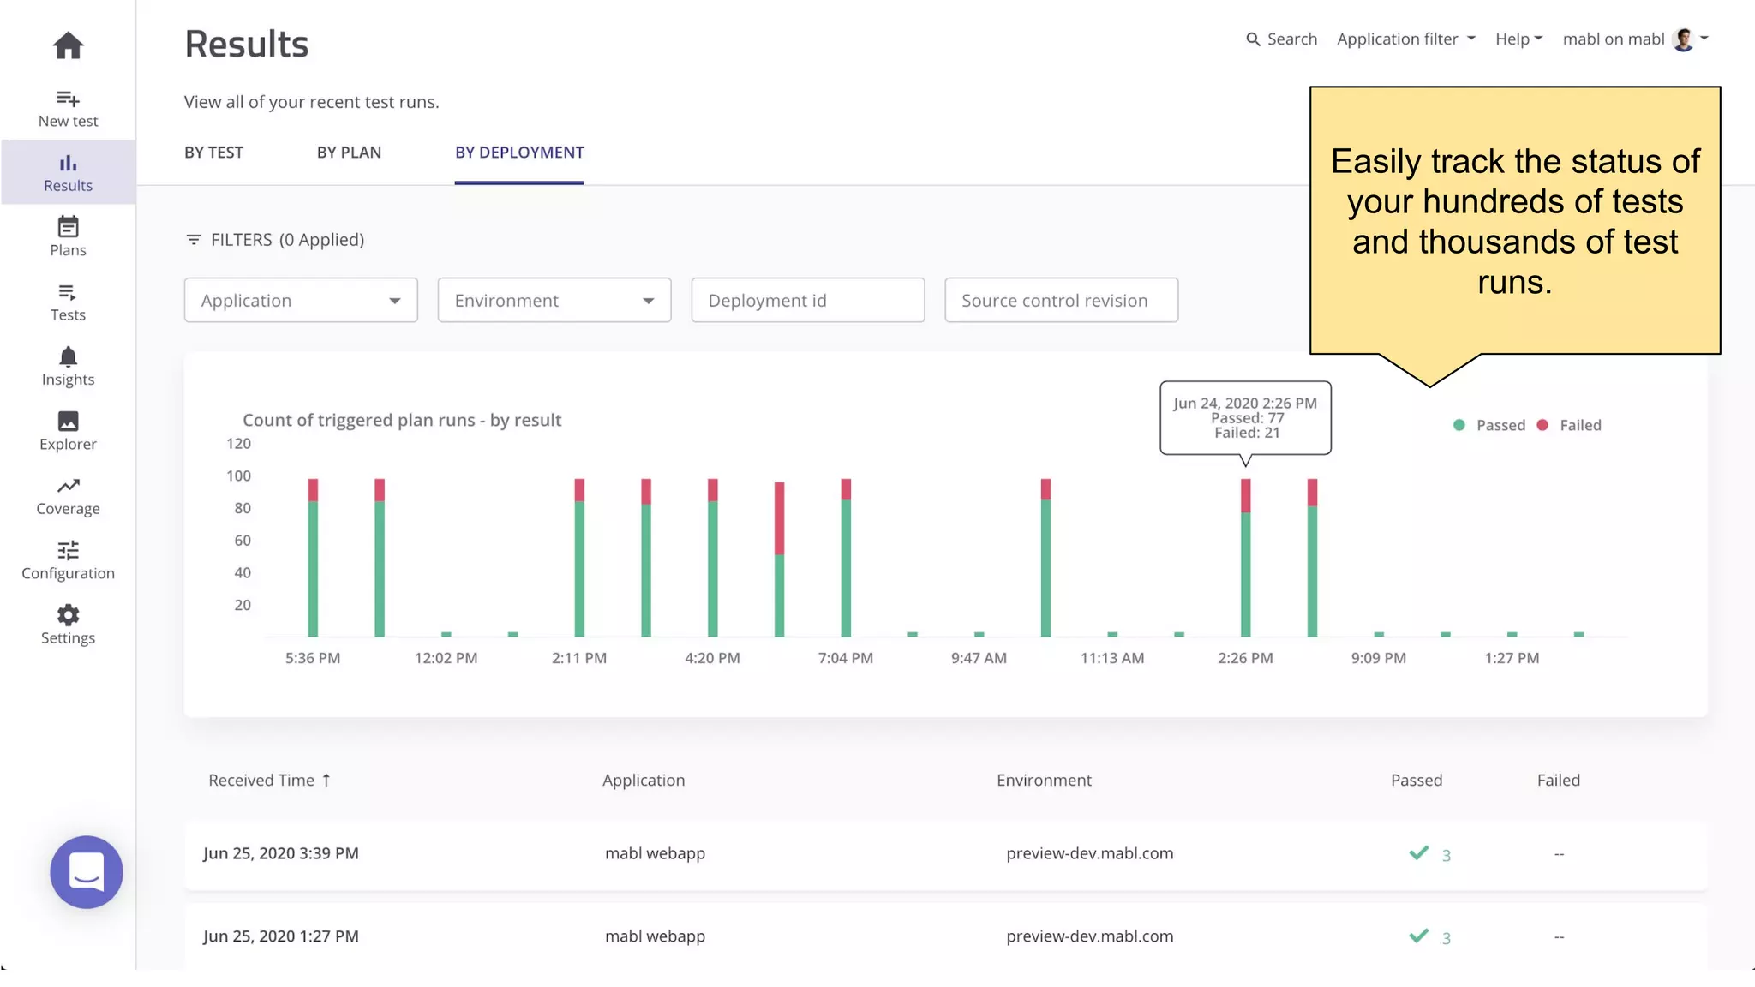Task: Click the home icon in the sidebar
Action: [x=68, y=45]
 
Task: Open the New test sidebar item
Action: [x=68, y=109]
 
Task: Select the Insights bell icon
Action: [x=68, y=357]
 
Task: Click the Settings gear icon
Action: [x=68, y=615]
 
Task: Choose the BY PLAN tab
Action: [x=349, y=153]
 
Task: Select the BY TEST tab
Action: [x=213, y=153]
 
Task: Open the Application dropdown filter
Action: [x=301, y=301]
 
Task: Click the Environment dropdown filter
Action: [x=554, y=301]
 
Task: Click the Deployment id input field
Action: [x=807, y=301]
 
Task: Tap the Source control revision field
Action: [x=1061, y=301]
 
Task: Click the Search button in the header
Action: [x=1281, y=39]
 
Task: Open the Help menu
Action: [x=1518, y=39]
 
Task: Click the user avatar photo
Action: [x=1683, y=39]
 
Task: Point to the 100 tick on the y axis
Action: [x=238, y=476]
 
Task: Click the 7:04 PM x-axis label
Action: [x=845, y=658]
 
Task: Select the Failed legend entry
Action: [x=1570, y=425]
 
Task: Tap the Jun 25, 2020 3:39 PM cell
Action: [x=281, y=853]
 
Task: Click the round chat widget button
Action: [x=87, y=872]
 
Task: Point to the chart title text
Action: [x=402, y=421]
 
